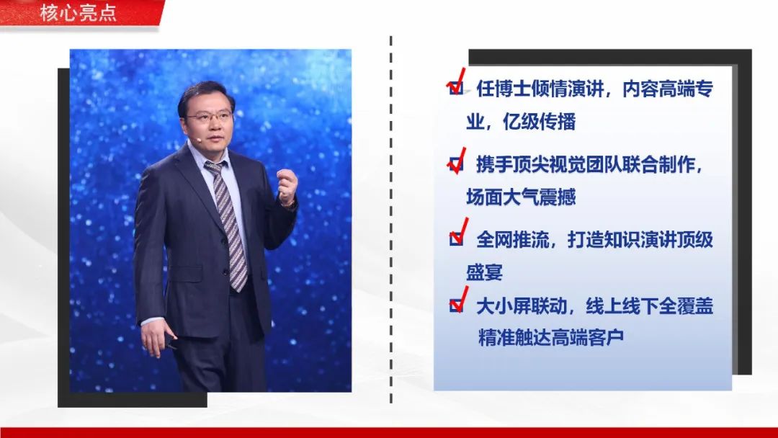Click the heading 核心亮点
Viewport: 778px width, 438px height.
pos(78,12)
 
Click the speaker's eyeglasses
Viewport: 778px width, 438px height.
pos(210,117)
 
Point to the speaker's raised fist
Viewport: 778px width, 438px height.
pos(287,186)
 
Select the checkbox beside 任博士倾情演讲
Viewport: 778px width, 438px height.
pos(456,89)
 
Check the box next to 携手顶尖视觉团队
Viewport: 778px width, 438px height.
pos(456,164)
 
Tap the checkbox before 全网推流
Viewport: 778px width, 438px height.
pos(456,239)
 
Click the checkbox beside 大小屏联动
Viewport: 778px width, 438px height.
pos(456,305)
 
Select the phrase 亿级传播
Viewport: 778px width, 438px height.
pos(540,122)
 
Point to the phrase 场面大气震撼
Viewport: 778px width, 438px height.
pos(521,197)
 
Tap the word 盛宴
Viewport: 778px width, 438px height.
pos(484,272)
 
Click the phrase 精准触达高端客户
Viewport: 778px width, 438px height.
pos(551,337)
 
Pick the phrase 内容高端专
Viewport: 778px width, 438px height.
pos(668,89)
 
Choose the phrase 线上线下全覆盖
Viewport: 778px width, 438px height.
pos(650,306)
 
